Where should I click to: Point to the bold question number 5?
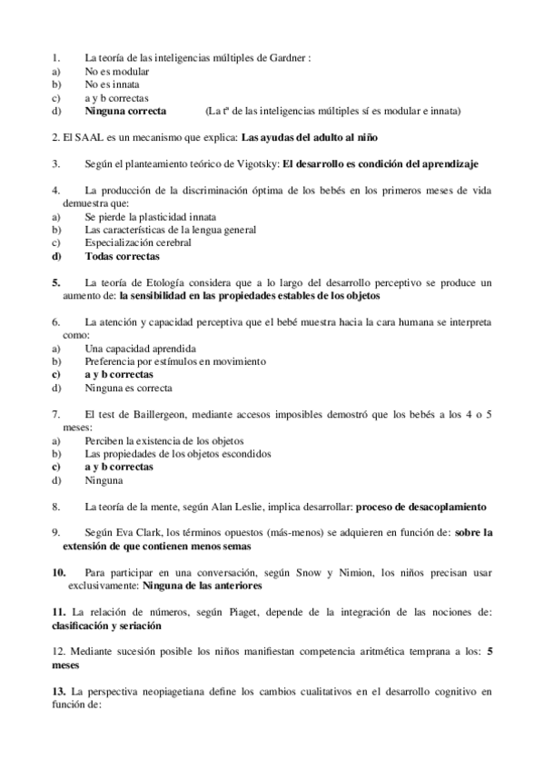pyautogui.click(x=56, y=283)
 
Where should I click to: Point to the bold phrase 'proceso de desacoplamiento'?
pyautogui.click(x=422, y=506)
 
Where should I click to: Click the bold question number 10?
pyautogui.click(x=59, y=572)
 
